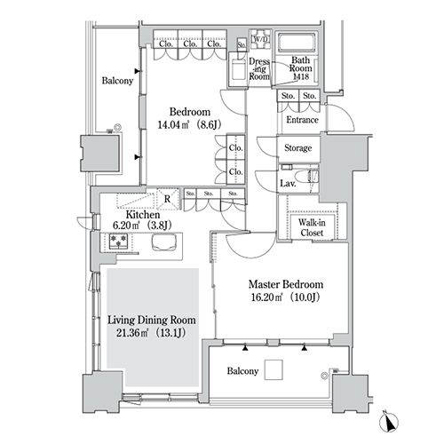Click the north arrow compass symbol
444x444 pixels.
pyautogui.click(x=389, y=422)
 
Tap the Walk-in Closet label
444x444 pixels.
pyautogui.click(x=312, y=227)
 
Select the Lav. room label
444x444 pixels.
pyautogui.click(x=288, y=184)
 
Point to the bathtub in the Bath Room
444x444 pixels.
pyautogui.click(x=297, y=43)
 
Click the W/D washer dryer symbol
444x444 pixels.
pyautogui.click(x=260, y=39)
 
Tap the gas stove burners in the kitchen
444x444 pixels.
pyautogui.click(x=118, y=241)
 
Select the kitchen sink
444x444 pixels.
pyautogui.click(x=164, y=242)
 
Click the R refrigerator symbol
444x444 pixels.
pyautogui.click(x=168, y=199)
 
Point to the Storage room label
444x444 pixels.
pyautogui.click(x=297, y=147)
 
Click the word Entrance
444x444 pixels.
pyautogui.click(x=302, y=120)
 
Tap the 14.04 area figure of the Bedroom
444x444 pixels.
pyautogui.click(x=169, y=124)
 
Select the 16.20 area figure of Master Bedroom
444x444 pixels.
pyautogui.click(x=262, y=297)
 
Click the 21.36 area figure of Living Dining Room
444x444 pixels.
pyautogui.click(x=127, y=333)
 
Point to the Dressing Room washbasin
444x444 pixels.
pyautogui.click(x=238, y=70)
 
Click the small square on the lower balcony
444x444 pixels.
pyautogui.click(x=274, y=369)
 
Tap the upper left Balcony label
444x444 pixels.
pyautogui.click(x=117, y=81)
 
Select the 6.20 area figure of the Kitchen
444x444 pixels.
pyautogui.click(x=122, y=226)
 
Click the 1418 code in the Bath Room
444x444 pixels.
pyautogui.click(x=301, y=76)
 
